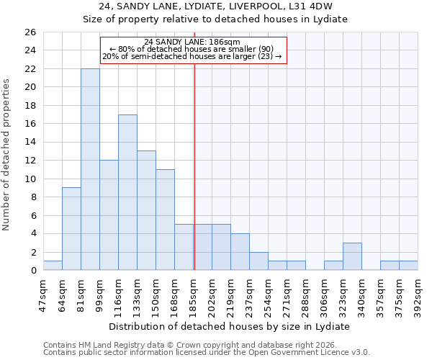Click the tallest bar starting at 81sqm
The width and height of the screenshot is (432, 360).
90,169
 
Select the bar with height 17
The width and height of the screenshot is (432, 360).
127,192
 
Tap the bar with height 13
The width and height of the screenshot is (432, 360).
146,210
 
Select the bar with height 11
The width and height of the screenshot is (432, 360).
165,220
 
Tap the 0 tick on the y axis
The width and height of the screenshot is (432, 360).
32,271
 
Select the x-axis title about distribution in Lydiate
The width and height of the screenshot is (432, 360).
230,326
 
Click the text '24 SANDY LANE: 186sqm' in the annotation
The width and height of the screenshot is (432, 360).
193,42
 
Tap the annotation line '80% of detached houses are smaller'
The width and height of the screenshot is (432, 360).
193,49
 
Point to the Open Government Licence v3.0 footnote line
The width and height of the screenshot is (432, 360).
207,353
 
